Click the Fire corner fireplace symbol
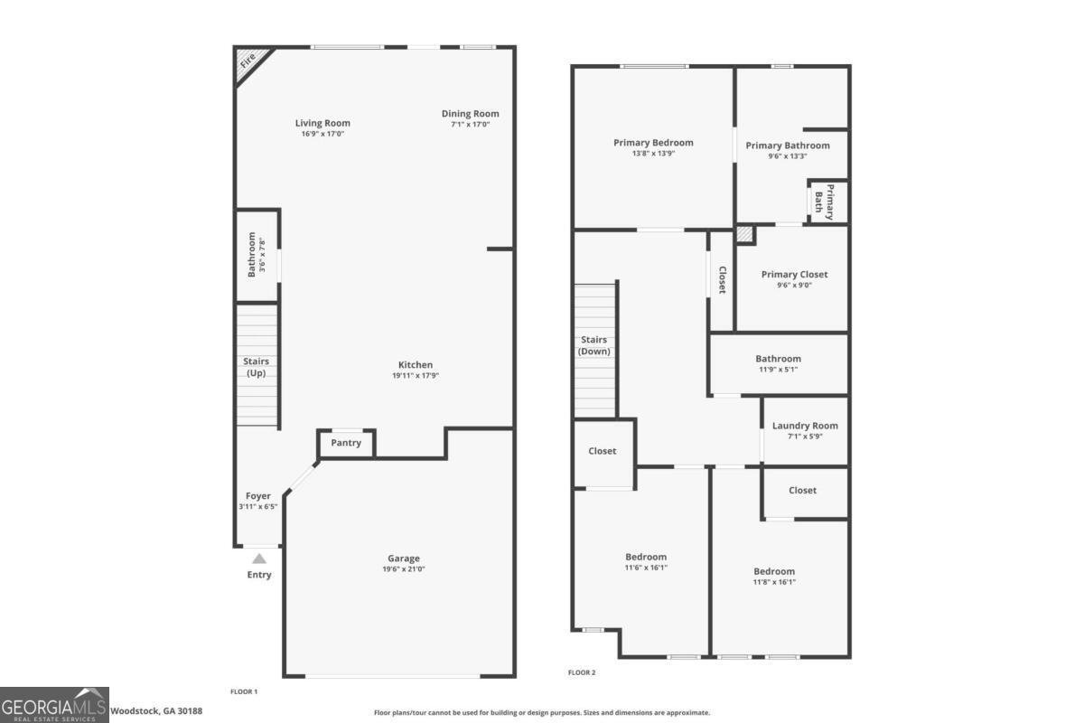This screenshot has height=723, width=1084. (247, 61)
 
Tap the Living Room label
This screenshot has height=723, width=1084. (322, 123)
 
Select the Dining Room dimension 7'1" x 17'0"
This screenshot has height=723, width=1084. (470, 125)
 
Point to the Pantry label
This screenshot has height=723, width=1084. (346, 443)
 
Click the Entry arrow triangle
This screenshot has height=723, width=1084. (259, 559)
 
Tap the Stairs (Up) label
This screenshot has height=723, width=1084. (257, 367)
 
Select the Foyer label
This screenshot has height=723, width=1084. (258, 496)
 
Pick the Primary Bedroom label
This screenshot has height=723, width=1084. (653, 143)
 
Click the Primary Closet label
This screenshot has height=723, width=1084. (794, 275)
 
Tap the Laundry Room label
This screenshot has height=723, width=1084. (805, 426)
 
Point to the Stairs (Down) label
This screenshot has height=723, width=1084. (594, 345)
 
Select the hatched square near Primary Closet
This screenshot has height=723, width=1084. (744, 235)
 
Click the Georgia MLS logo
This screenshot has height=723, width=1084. (54, 705)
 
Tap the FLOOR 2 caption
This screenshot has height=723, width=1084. (582, 672)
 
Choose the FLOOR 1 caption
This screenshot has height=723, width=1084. (244, 691)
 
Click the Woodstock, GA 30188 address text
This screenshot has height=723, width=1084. (156, 711)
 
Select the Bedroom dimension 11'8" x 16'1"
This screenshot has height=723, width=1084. (774, 582)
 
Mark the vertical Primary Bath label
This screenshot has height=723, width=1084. (825, 201)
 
